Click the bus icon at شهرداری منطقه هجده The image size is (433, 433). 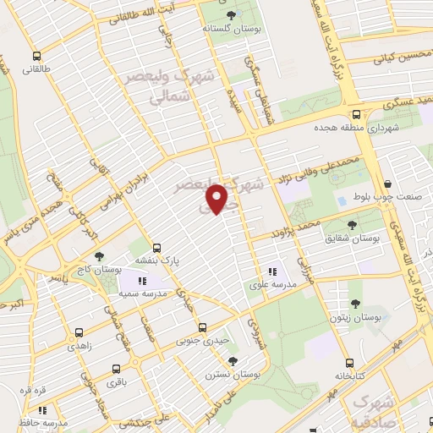356,115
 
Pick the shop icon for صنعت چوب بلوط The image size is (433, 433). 387,183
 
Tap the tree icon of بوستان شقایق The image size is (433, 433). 352,224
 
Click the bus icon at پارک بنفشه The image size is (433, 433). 156,248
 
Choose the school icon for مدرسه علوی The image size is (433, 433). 272,271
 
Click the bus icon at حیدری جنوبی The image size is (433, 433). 202,327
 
